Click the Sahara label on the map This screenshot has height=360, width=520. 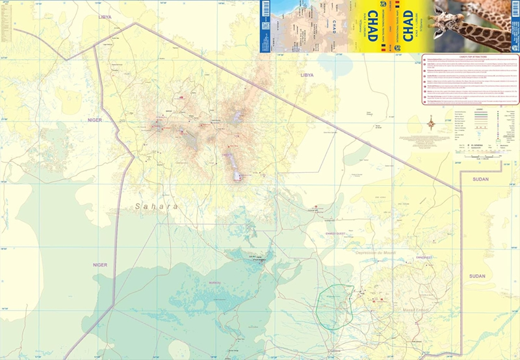click(156, 207)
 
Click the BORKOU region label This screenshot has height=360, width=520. click(215, 283)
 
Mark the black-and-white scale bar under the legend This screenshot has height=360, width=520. click(484, 155)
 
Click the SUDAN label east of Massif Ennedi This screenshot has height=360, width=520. click(478, 276)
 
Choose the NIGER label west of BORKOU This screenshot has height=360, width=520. click(99, 264)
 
